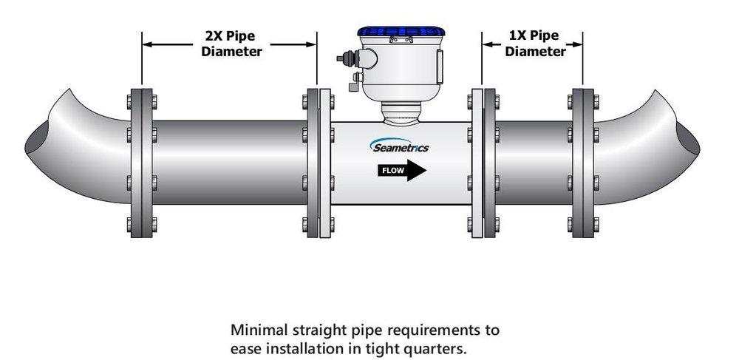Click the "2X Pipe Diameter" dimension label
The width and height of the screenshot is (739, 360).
230,44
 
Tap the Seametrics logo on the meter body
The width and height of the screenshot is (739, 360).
400,146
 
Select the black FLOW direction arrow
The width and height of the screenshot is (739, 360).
403,171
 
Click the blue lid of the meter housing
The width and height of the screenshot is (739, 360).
401,34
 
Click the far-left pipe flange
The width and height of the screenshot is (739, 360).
142,163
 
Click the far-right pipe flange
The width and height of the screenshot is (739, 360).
582,163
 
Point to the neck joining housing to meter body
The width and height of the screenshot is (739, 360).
400,112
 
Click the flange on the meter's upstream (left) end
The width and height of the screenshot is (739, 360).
319,163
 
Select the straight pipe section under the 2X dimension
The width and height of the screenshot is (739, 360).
229,163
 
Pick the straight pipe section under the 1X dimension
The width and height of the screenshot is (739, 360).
533,163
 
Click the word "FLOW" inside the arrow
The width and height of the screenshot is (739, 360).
392,171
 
